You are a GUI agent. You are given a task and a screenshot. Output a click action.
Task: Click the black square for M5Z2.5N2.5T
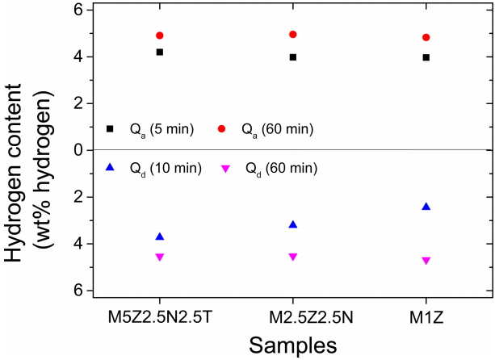(x=160, y=52)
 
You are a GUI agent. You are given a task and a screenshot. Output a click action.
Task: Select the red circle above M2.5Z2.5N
(x=293, y=35)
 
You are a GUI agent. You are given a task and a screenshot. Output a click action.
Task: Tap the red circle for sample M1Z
(x=426, y=37)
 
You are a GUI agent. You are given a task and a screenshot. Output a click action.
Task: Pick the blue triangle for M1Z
(x=426, y=207)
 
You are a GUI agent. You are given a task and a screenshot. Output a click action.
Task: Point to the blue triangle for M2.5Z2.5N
(x=293, y=224)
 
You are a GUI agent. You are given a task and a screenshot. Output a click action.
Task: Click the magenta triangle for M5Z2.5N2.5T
(x=160, y=257)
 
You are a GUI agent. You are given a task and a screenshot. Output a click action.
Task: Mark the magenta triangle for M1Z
(x=426, y=261)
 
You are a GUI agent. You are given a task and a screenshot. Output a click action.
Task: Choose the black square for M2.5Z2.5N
(x=293, y=57)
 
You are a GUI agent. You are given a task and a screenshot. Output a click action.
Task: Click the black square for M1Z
(x=426, y=57)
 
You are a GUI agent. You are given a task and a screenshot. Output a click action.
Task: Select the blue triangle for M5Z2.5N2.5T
(x=160, y=237)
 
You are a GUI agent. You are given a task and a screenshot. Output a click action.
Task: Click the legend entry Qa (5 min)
(x=162, y=129)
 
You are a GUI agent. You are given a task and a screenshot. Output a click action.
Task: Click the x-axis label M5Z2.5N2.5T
(x=160, y=311)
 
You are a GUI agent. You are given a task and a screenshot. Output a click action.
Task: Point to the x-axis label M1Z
(x=426, y=311)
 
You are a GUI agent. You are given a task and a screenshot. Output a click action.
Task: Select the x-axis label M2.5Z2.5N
(x=293, y=311)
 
